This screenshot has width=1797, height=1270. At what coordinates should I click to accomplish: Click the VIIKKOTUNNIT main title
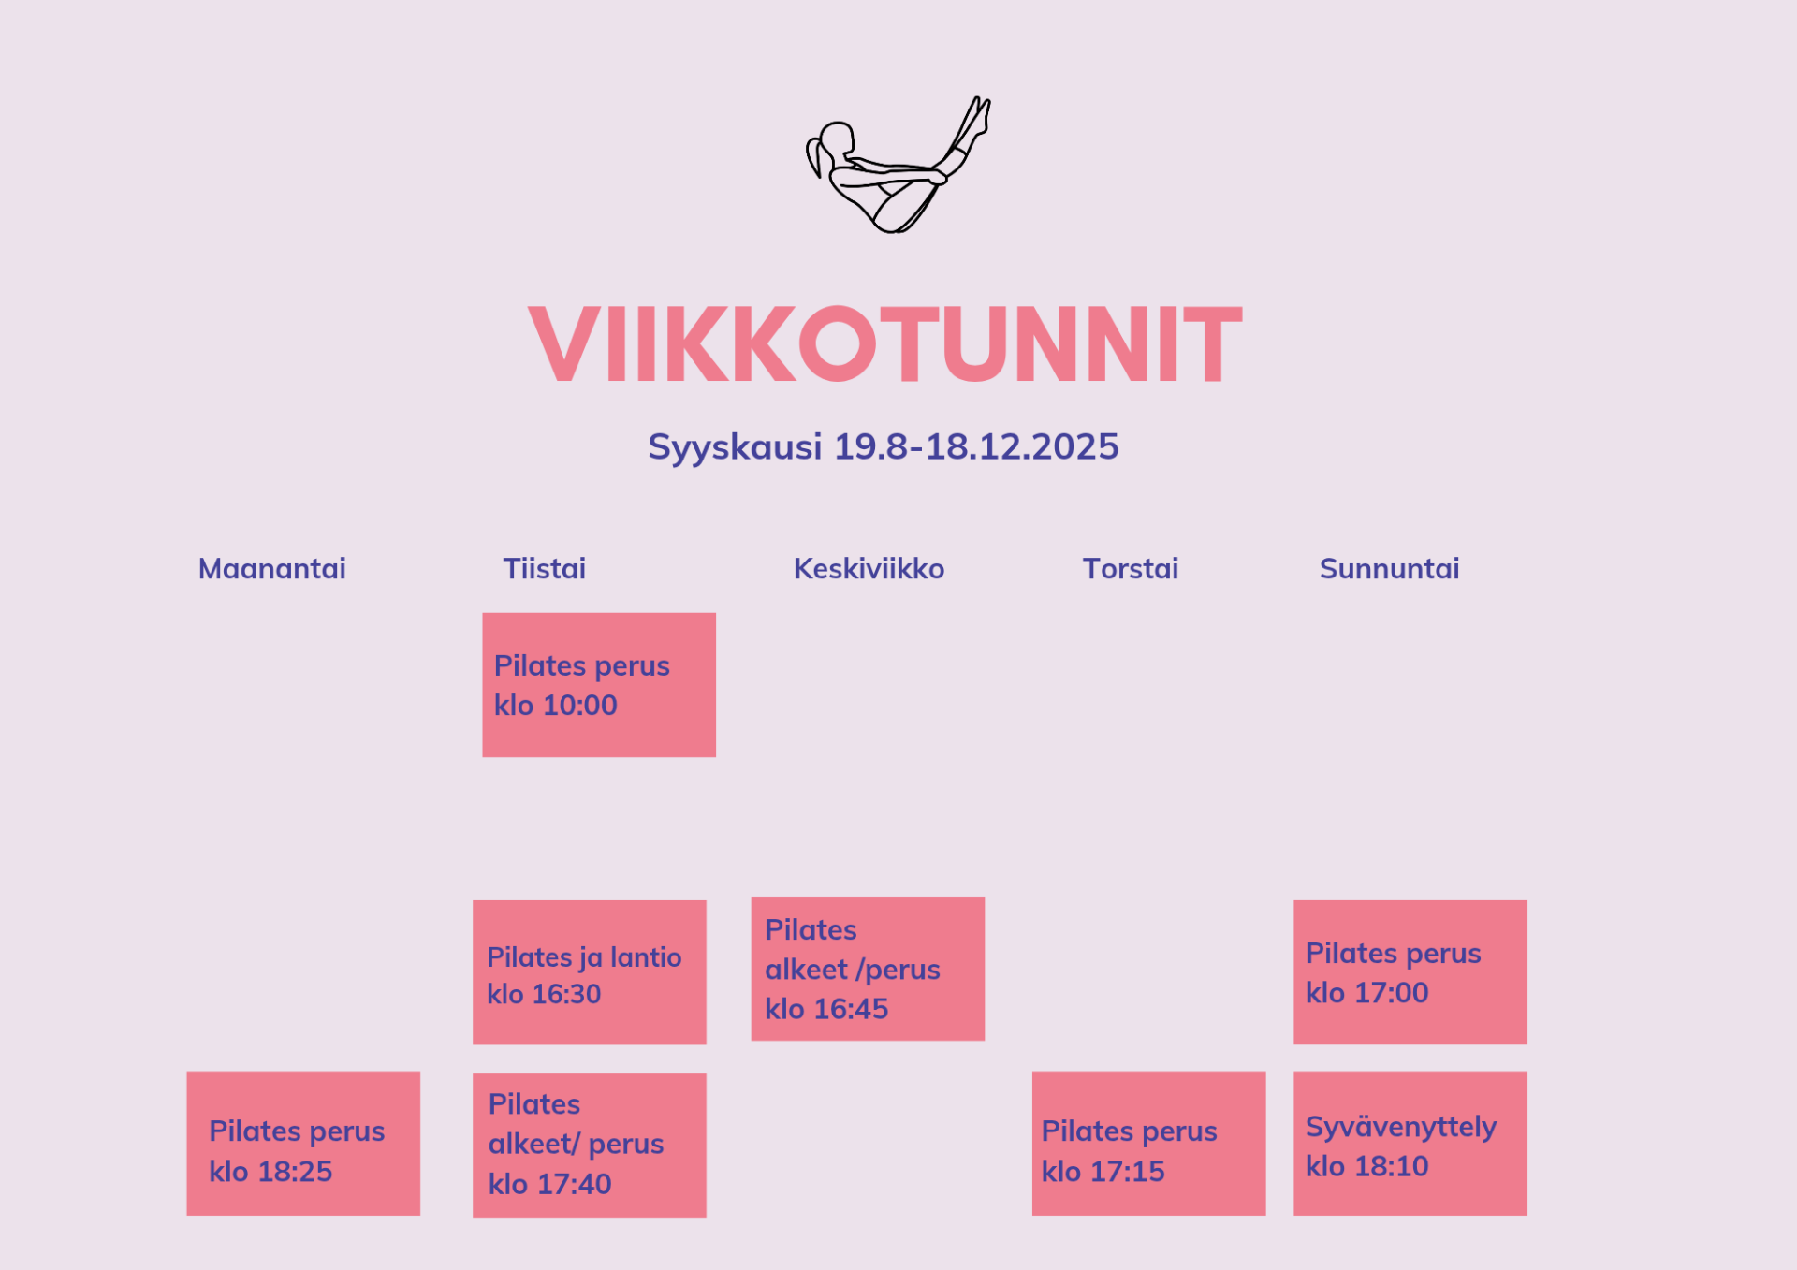(885, 343)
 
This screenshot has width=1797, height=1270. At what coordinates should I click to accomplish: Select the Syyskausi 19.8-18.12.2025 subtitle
(884, 446)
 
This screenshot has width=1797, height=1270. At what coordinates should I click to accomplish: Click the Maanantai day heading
(271, 569)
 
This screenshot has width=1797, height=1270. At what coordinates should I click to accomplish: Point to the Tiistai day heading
(545, 569)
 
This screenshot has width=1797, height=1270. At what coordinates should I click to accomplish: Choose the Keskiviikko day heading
(869, 569)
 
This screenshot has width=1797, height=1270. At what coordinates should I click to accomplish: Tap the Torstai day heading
(1131, 569)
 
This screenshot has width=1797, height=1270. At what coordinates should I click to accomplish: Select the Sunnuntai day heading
(1390, 569)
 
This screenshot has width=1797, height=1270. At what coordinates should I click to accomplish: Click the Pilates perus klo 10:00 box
(599, 685)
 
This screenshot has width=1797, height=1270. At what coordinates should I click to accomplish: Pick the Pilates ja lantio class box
(590, 972)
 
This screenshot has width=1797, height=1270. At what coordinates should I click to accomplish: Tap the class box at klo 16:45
(868, 969)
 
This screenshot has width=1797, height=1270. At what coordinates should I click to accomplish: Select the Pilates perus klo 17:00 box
(1410, 972)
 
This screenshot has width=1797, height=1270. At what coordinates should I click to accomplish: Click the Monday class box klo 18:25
(303, 1144)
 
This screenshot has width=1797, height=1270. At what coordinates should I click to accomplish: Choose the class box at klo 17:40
(590, 1146)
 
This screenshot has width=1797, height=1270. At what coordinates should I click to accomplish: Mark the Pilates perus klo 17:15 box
(1149, 1144)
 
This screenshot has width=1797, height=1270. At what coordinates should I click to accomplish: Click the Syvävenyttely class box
(1410, 1144)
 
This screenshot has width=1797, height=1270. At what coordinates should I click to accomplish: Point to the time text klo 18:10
(1367, 1166)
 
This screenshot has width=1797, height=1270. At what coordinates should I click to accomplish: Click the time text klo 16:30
(544, 994)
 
